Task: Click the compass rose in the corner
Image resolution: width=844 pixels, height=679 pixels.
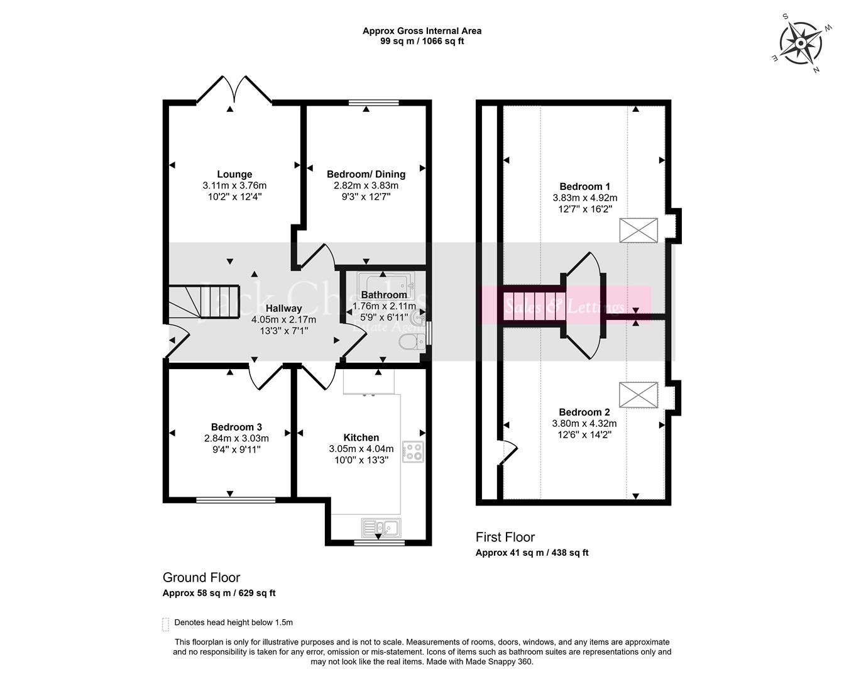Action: [801, 42]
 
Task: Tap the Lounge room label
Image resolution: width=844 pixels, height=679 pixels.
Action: [234, 174]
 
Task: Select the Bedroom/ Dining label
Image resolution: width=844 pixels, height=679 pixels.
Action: [366, 174]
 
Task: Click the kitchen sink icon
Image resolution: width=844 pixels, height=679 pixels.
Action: [381, 527]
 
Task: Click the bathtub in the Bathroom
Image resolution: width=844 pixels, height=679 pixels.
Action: [383, 284]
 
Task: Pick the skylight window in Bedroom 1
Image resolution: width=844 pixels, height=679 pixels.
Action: [638, 230]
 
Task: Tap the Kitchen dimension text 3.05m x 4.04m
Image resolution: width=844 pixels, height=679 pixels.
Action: [361, 449]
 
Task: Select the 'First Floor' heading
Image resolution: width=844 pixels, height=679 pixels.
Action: [505, 537]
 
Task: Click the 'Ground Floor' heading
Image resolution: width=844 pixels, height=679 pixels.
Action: [201, 577]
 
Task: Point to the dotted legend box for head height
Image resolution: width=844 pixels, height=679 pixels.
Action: [166, 624]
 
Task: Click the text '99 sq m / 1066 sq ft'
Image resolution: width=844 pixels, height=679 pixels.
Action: [422, 41]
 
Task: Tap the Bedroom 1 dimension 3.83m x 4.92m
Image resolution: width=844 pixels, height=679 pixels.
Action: [584, 197]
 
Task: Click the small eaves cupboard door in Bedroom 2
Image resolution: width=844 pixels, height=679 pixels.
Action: [508, 452]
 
